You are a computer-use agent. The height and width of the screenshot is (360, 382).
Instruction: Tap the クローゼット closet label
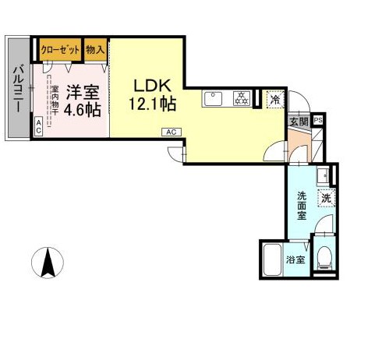point(61,48)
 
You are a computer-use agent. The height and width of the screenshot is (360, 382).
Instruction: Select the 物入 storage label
point(96,48)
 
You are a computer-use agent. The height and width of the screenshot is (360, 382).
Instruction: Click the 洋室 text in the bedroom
point(81,91)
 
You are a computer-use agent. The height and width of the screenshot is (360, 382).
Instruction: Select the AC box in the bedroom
point(37,125)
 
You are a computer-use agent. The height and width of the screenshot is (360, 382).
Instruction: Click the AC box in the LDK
point(172,132)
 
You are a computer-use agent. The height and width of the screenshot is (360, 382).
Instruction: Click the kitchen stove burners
point(242,99)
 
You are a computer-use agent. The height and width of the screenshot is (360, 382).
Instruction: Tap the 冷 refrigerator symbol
point(274,99)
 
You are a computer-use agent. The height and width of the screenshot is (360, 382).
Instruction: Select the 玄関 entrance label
point(299,121)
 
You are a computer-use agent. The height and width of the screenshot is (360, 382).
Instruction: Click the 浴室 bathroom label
point(295,260)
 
